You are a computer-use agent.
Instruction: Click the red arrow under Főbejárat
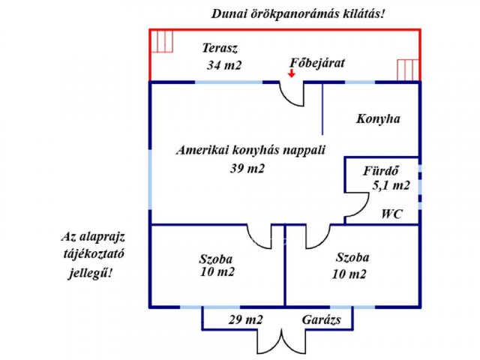pyautogui.click(x=292, y=73)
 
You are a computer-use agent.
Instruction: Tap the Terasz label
pyautogui.click(x=220, y=48)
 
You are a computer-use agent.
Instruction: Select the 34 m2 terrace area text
pyautogui.click(x=224, y=65)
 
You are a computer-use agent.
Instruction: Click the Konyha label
pyautogui.click(x=378, y=118)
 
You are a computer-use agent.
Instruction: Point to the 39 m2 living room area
pyautogui.click(x=247, y=168)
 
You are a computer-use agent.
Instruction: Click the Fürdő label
pyautogui.click(x=381, y=170)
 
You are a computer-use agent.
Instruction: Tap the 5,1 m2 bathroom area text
pyautogui.click(x=391, y=185)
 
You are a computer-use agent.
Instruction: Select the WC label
pyautogui.click(x=391, y=214)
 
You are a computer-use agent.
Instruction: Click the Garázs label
pyautogui.click(x=322, y=320)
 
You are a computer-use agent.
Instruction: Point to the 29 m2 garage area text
pyautogui.click(x=245, y=320)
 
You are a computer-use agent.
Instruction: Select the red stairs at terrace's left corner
pyautogui.click(x=162, y=41)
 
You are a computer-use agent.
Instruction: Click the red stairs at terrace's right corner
pyautogui.click(x=408, y=70)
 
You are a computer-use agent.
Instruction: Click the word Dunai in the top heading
pyautogui.click(x=226, y=14)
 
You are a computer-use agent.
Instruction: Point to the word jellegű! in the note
pyautogui.click(x=90, y=272)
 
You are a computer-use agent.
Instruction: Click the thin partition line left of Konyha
pyautogui.click(x=322, y=109)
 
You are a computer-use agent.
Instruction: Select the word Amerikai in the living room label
pyautogui.click(x=202, y=150)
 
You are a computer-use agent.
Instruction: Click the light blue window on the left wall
pyautogui.click(x=150, y=180)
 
